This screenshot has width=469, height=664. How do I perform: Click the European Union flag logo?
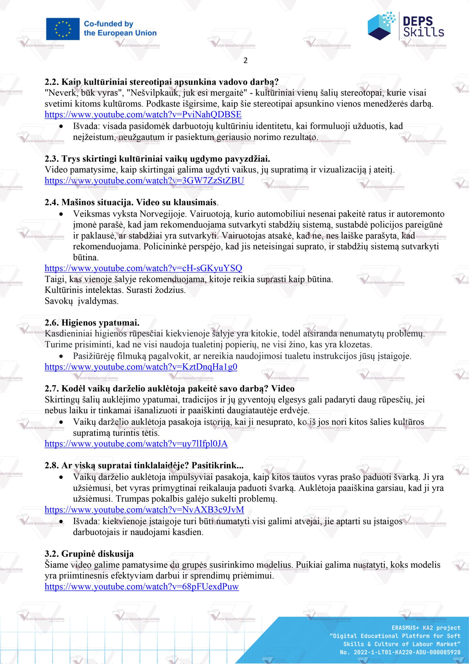(x=63, y=29)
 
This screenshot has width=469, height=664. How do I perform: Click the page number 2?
(x=246, y=60)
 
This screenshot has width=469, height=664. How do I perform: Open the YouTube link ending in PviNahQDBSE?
(x=143, y=114)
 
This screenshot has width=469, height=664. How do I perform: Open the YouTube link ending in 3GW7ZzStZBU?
(x=144, y=180)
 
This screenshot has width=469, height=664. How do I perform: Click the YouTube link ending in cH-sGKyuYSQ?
(x=143, y=268)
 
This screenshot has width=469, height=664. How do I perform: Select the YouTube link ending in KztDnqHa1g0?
(x=141, y=367)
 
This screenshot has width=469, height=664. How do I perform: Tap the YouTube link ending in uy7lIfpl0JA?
(x=136, y=444)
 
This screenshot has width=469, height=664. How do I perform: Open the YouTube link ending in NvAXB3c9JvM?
(x=144, y=510)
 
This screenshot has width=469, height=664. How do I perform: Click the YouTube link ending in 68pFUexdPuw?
(x=142, y=587)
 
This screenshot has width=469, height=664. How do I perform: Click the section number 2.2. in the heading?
(x=52, y=82)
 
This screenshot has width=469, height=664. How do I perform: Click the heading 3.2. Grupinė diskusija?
(x=89, y=554)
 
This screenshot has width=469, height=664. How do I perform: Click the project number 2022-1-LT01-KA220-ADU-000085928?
(x=407, y=652)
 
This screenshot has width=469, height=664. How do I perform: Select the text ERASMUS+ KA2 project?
(x=426, y=628)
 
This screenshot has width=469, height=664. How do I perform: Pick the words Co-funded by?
(x=108, y=24)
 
